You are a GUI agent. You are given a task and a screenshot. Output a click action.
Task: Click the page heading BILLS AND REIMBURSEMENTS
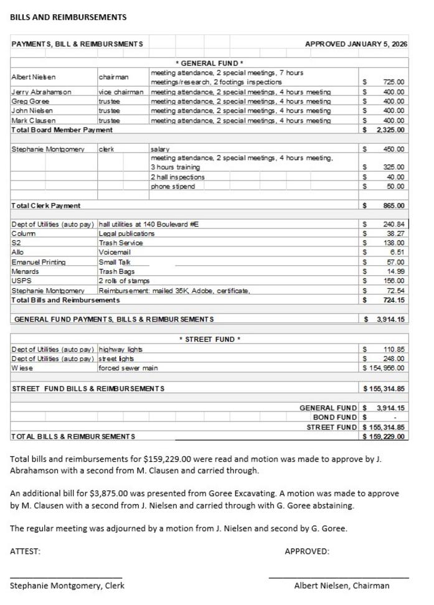pos(68,17)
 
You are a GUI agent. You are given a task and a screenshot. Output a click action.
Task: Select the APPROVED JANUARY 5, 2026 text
pos(356,44)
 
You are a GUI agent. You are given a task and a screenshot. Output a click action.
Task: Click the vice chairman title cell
pos(121,91)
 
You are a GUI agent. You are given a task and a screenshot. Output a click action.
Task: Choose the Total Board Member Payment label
pos(62,129)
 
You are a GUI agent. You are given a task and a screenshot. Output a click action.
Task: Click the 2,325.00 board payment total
pos(390,129)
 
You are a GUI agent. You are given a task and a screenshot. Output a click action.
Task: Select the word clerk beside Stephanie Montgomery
pos(106,149)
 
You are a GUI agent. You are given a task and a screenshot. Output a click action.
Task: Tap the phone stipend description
pos(172,186)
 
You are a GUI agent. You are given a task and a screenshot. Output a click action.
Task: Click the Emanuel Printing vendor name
pos(39,262)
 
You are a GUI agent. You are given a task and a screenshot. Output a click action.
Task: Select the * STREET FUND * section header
pos(209,339)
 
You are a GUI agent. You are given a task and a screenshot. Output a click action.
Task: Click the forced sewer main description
pos(128,368)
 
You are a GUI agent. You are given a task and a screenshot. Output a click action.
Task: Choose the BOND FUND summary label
pos(335,417)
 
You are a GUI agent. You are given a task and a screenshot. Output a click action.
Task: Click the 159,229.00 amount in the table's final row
pos(387,436)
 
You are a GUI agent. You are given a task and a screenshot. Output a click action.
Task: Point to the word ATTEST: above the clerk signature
pos(25,551)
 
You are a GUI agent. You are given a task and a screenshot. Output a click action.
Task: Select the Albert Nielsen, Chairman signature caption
pos(342,585)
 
